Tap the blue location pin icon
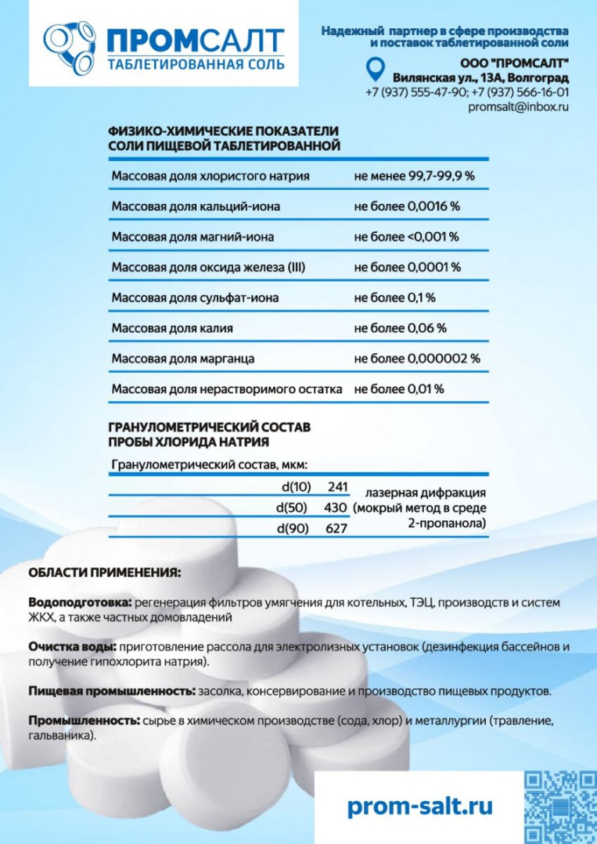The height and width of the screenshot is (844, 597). [376, 70]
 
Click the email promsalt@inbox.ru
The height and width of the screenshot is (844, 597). [518, 106]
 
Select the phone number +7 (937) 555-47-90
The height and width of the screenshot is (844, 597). [415, 92]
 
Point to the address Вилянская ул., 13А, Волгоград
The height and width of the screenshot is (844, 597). [480, 78]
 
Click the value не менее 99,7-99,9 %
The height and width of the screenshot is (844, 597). [414, 177]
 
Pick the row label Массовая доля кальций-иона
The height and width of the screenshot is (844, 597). [196, 207]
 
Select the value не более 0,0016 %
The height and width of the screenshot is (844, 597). [407, 207]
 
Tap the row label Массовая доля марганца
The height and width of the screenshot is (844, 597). [183, 359]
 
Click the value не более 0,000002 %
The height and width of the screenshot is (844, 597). [417, 359]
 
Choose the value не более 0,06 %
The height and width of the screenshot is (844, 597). [400, 328]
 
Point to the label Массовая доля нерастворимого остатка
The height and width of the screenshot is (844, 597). [227, 389]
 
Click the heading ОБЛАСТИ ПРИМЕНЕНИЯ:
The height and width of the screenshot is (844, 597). [104, 573]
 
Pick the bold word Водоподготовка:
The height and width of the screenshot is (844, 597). [80, 604]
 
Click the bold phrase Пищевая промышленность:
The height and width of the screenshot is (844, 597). [112, 692]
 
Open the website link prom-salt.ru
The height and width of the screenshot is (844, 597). [419, 806]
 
